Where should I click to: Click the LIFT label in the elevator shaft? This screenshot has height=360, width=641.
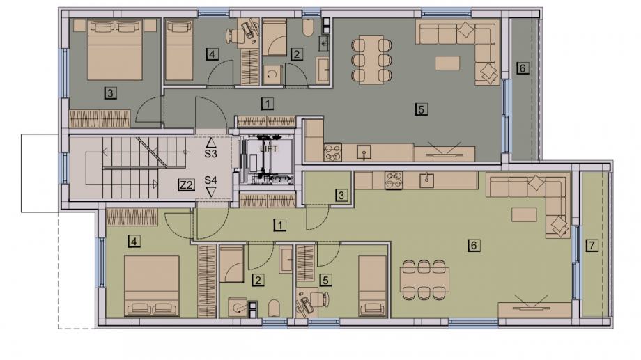click(x=268, y=149)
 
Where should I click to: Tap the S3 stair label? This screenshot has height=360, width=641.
click(x=210, y=154)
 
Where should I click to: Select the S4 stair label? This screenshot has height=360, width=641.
click(x=210, y=180)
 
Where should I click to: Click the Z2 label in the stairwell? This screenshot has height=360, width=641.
click(x=186, y=185)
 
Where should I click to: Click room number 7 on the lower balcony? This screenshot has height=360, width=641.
click(x=592, y=245)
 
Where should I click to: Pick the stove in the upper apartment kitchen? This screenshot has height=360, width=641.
click(x=333, y=152)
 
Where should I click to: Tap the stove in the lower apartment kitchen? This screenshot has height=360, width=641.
click(x=393, y=180)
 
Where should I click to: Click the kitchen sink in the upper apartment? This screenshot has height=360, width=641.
click(x=364, y=152)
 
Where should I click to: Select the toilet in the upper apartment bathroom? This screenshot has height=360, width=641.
click(x=308, y=28)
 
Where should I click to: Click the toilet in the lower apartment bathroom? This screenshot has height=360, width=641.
click(x=275, y=308)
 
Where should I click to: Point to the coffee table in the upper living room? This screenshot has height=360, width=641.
click(x=447, y=63)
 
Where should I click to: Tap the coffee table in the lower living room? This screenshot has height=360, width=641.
click(x=524, y=214)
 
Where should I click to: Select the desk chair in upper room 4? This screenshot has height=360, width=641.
click(x=235, y=35)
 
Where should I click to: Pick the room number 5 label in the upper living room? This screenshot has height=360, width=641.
click(x=421, y=109)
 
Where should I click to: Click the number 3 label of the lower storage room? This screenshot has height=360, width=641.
click(x=341, y=196)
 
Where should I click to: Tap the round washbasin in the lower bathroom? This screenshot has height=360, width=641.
click(x=237, y=307)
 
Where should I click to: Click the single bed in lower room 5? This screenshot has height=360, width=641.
click(x=372, y=286)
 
